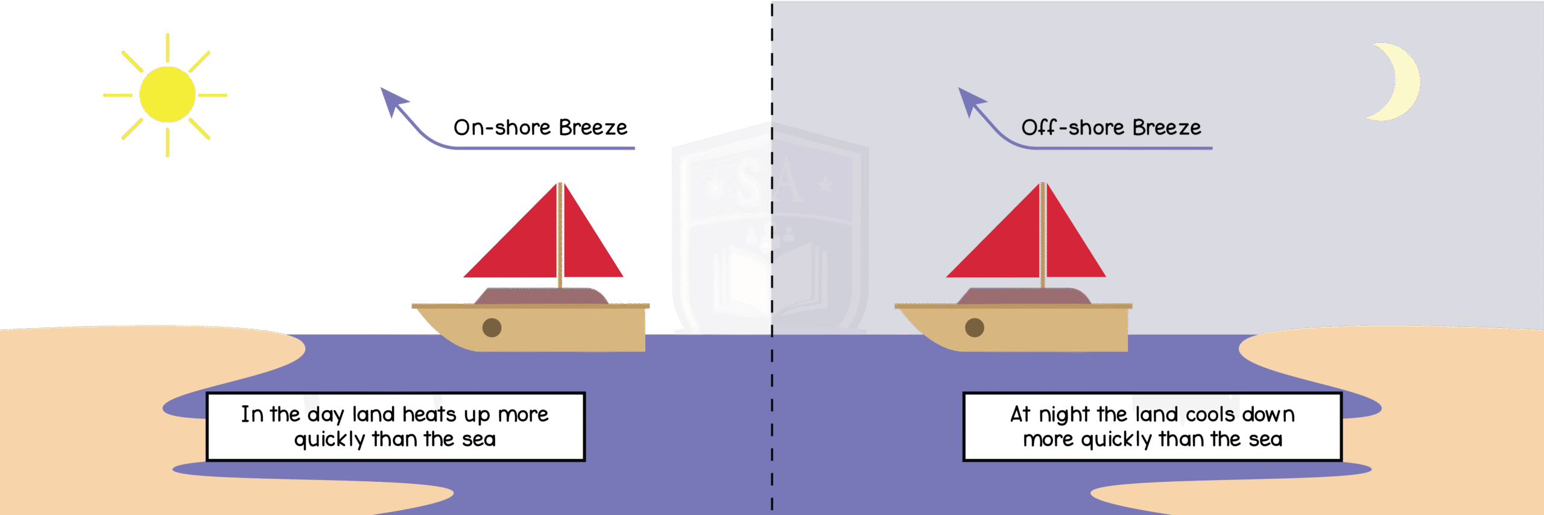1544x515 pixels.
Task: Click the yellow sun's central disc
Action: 167,95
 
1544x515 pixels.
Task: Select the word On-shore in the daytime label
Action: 502,128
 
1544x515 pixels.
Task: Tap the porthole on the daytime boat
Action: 492,327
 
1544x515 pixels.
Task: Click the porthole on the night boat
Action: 974,327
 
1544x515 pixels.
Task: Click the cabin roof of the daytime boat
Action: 541,296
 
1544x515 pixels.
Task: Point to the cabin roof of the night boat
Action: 1024,296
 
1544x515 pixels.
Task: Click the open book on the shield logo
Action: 769,280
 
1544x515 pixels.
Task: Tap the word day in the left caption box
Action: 325,415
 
